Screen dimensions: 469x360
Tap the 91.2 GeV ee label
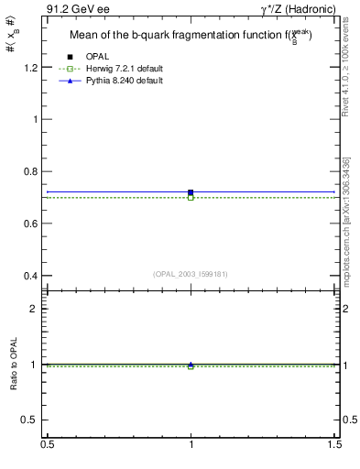[x=76, y=10]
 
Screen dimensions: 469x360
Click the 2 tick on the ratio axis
[x=34, y=309]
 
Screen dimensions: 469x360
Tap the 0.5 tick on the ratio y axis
[x=29, y=420]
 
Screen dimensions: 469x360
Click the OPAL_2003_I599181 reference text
[x=191, y=273]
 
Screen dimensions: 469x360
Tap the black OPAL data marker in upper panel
[x=191, y=192]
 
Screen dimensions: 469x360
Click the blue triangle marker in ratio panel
[x=191, y=364]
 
